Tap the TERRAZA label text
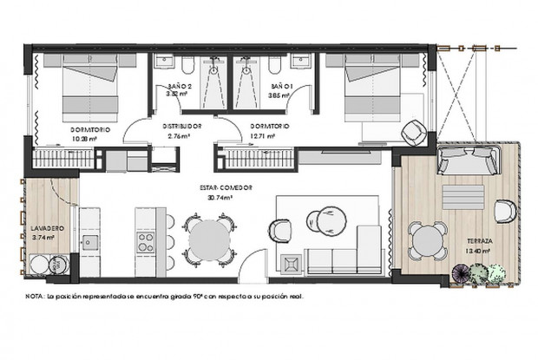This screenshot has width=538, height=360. point(479,241)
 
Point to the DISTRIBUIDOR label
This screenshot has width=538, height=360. point(184,126)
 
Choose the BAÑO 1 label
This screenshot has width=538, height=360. point(282,88)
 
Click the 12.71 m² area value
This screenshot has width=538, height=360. point(274,136)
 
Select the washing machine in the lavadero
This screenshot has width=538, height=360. point(41,265)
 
